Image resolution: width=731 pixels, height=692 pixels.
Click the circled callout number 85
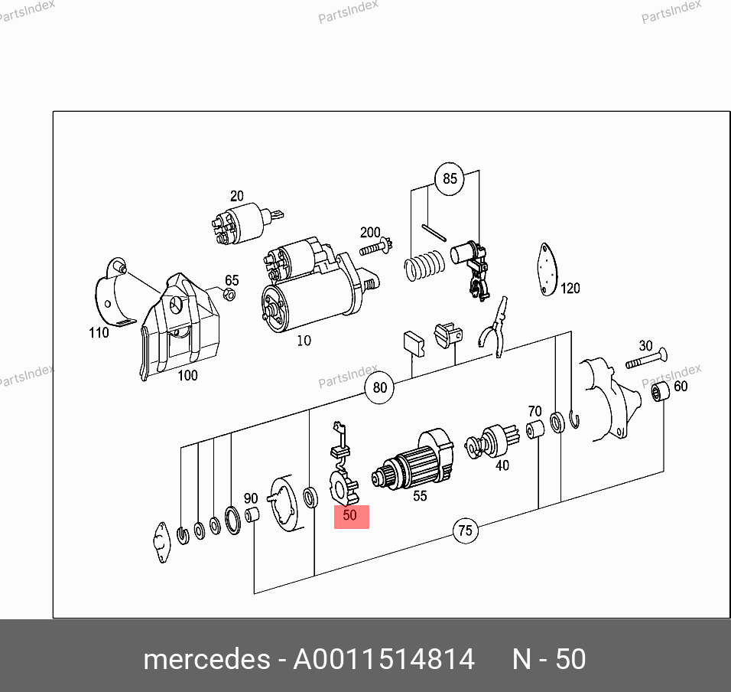click(450, 178)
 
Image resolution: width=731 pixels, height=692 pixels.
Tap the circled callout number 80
click(379, 388)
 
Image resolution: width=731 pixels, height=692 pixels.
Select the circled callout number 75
click(465, 530)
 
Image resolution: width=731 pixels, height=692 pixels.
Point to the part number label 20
click(237, 196)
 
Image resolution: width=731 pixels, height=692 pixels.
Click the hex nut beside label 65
click(229, 295)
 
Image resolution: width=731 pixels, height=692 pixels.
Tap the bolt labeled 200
click(375, 246)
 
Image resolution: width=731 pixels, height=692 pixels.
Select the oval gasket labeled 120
click(547, 269)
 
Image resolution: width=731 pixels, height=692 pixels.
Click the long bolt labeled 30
click(645, 359)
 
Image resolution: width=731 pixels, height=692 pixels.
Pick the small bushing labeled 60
click(660, 391)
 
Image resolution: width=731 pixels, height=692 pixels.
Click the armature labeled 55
click(413, 462)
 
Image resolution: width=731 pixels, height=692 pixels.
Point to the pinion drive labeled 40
click(492, 441)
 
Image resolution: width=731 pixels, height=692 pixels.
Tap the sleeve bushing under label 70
click(534, 429)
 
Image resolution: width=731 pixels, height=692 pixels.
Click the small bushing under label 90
click(252, 515)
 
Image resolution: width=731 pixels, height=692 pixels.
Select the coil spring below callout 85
click(424, 265)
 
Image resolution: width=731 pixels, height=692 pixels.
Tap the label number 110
click(99, 333)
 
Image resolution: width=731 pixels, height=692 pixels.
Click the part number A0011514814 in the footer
click(384, 659)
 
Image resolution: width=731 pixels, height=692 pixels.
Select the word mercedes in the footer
click(206, 659)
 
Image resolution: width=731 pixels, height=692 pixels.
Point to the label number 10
click(304, 341)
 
